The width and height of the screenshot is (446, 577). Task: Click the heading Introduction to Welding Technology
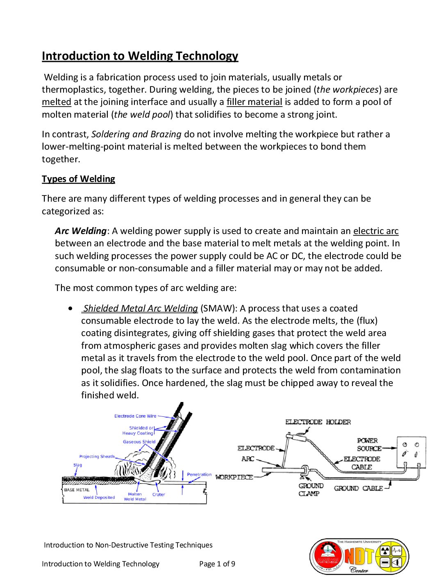140,56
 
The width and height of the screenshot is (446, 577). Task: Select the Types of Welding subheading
78,179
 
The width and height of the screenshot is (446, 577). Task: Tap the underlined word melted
57,102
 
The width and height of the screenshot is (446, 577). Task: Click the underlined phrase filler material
254,102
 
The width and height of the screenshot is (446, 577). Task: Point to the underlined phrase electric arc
375,231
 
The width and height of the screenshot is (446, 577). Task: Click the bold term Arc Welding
81,231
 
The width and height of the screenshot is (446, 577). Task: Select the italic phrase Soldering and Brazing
136,134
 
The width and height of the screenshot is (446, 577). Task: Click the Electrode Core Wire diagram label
135,416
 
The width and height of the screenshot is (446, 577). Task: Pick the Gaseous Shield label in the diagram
139,442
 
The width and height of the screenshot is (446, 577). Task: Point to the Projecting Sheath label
97,457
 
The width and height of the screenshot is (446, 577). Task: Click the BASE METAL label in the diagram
77,490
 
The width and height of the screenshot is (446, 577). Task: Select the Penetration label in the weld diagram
199,475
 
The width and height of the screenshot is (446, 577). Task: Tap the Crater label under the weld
159,495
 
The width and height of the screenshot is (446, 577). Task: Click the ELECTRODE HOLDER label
318,422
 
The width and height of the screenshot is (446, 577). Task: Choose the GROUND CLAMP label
311,490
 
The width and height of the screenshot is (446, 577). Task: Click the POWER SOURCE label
369,445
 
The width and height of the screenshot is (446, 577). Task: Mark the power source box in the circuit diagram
411,452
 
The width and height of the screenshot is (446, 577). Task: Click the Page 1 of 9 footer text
217,564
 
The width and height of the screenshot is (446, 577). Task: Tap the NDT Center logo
359,556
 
